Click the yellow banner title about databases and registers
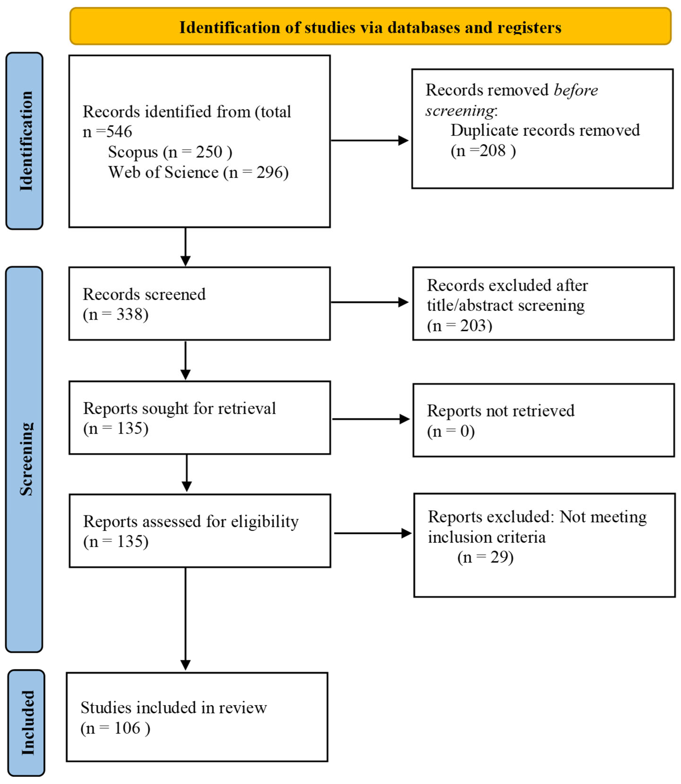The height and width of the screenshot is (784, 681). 370,28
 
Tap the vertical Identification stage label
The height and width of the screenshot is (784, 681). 26,141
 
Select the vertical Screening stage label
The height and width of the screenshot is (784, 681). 26,459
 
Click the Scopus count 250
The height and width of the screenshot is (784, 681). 209,152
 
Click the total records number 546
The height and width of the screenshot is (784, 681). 119,132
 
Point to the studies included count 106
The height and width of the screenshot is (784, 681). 127,728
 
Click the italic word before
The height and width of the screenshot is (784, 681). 576,90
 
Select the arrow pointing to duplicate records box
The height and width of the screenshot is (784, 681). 369,141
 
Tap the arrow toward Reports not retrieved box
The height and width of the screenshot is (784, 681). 371,419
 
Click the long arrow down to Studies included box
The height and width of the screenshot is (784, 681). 185,619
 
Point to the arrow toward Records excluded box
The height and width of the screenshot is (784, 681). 369,302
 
